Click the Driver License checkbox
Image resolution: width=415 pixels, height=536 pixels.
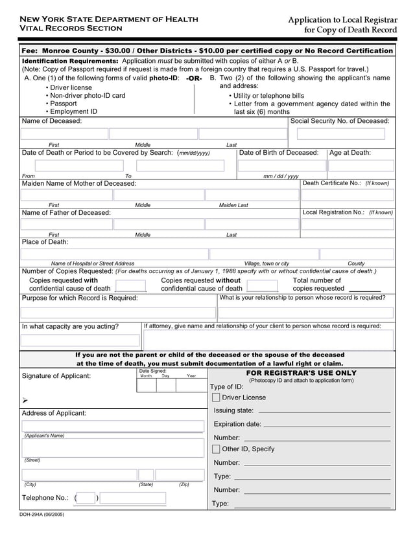216,397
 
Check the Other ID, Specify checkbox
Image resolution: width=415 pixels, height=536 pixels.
216,449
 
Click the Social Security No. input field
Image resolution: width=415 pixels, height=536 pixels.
340,134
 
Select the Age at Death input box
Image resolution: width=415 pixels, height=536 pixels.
361,166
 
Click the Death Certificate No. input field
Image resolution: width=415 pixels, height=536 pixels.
348,194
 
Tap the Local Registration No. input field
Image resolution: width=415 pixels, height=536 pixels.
348,224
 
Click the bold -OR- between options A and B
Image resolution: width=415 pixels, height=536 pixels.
193,78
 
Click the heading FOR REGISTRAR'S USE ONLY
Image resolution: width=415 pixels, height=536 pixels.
301,374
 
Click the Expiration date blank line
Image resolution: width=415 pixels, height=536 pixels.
326,425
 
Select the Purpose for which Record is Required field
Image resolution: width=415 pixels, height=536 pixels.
118,313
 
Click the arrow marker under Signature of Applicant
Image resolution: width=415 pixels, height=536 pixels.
25,401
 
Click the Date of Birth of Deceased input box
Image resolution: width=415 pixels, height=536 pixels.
281,166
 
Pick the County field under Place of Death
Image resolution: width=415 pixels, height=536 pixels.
357,254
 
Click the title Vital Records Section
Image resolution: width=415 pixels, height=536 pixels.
62,28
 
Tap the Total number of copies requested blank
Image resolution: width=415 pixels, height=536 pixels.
364,289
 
